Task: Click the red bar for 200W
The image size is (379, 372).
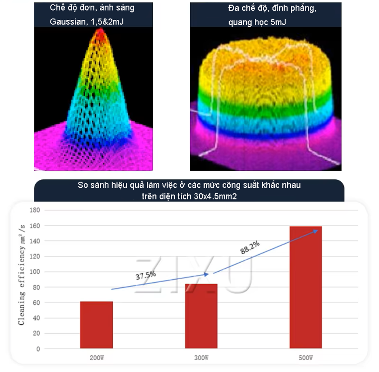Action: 96,325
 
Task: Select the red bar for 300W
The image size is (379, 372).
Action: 201,316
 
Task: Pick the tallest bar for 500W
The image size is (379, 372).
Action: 305,287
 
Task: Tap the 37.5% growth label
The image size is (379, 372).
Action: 146,275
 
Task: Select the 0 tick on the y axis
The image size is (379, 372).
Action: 38,349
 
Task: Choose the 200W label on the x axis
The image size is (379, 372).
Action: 97,358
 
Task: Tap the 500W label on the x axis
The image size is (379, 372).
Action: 305,358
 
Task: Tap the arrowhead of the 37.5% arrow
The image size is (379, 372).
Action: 207,274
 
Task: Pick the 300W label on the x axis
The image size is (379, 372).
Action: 201,358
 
